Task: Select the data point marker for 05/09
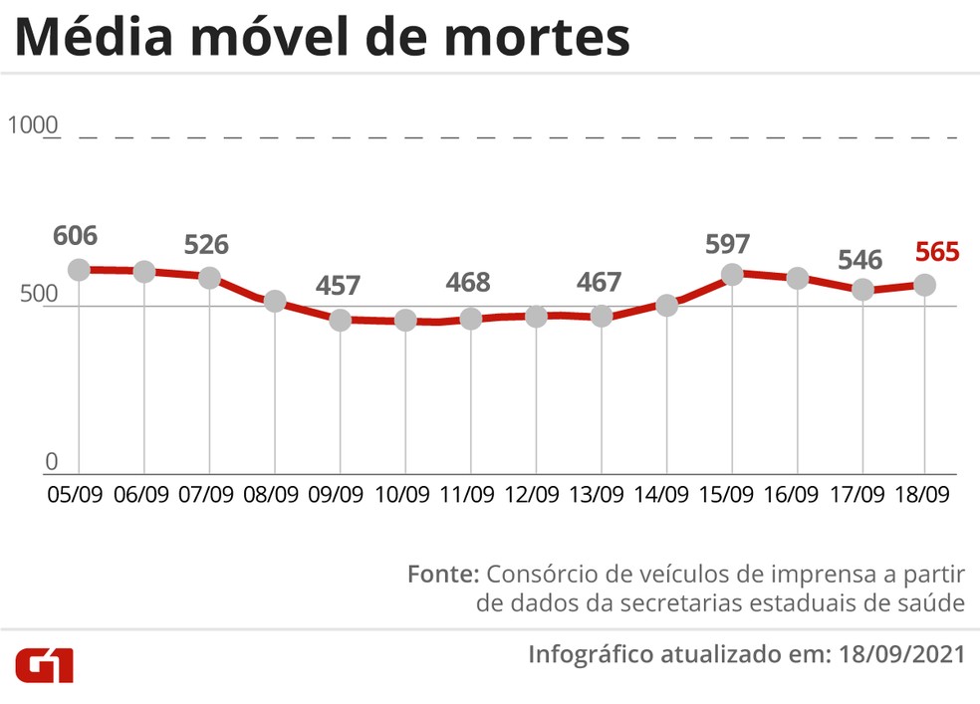tap(80, 270)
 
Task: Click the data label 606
tap(76, 236)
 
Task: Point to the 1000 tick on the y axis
tap(33, 126)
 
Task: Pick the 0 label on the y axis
tap(52, 461)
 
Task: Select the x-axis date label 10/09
tap(403, 494)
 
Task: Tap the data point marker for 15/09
tap(732, 274)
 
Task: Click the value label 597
tap(729, 243)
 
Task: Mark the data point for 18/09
tap(925, 285)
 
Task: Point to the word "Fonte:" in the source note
tap(444, 575)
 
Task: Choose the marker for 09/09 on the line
tap(341, 320)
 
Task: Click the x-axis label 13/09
tap(599, 494)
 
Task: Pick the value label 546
tap(859, 260)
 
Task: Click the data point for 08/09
tap(275, 301)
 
